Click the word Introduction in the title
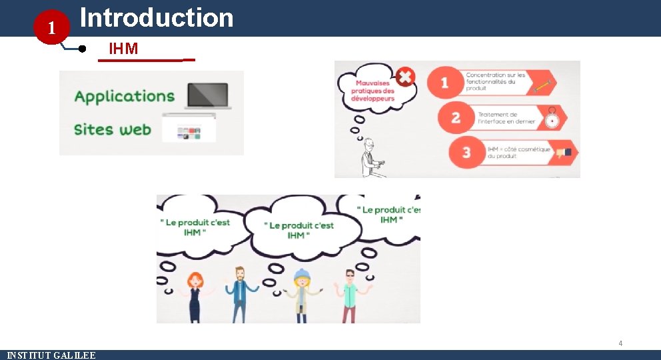(157, 18)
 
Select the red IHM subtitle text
(123, 48)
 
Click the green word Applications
(125, 97)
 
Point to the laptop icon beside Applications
(208, 96)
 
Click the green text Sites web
(113, 129)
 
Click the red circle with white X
(405, 77)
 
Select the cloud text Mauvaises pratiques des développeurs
(373, 91)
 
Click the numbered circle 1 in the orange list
(444, 83)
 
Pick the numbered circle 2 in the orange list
(456, 118)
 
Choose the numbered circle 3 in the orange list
(466, 153)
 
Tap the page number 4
(620, 343)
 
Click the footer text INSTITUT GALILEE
(51, 355)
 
